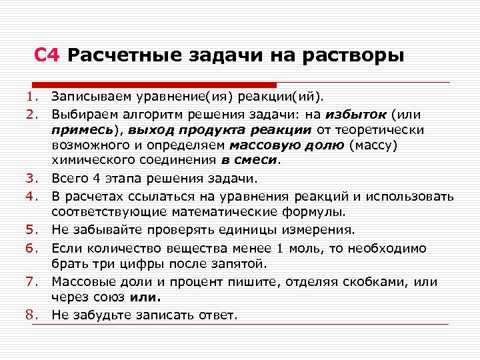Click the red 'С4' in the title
click(x=47, y=55)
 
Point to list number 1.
click(x=31, y=98)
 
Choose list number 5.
click(x=31, y=230)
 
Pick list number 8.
click(x=31, y=314)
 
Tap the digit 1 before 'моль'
click(x=281, y=247)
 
